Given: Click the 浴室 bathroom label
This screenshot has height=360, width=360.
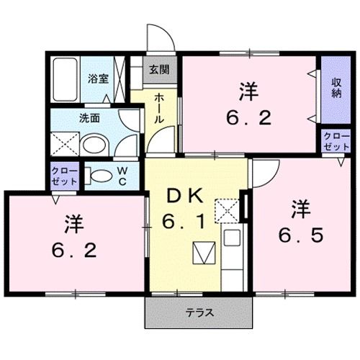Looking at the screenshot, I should coord(98,79).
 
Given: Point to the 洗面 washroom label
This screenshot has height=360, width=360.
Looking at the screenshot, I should coord(90,120).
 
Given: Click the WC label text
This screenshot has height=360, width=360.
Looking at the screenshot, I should coord(122,175).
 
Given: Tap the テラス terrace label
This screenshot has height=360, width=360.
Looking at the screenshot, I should coord(198,314).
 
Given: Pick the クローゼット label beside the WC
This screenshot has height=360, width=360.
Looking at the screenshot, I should coord(63,175).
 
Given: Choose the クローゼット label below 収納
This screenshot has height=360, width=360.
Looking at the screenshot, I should coord(334,140).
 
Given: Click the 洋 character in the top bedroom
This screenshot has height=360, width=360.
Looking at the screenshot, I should coord(249,91).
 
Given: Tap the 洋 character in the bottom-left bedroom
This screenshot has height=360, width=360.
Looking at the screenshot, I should coord(71,224).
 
